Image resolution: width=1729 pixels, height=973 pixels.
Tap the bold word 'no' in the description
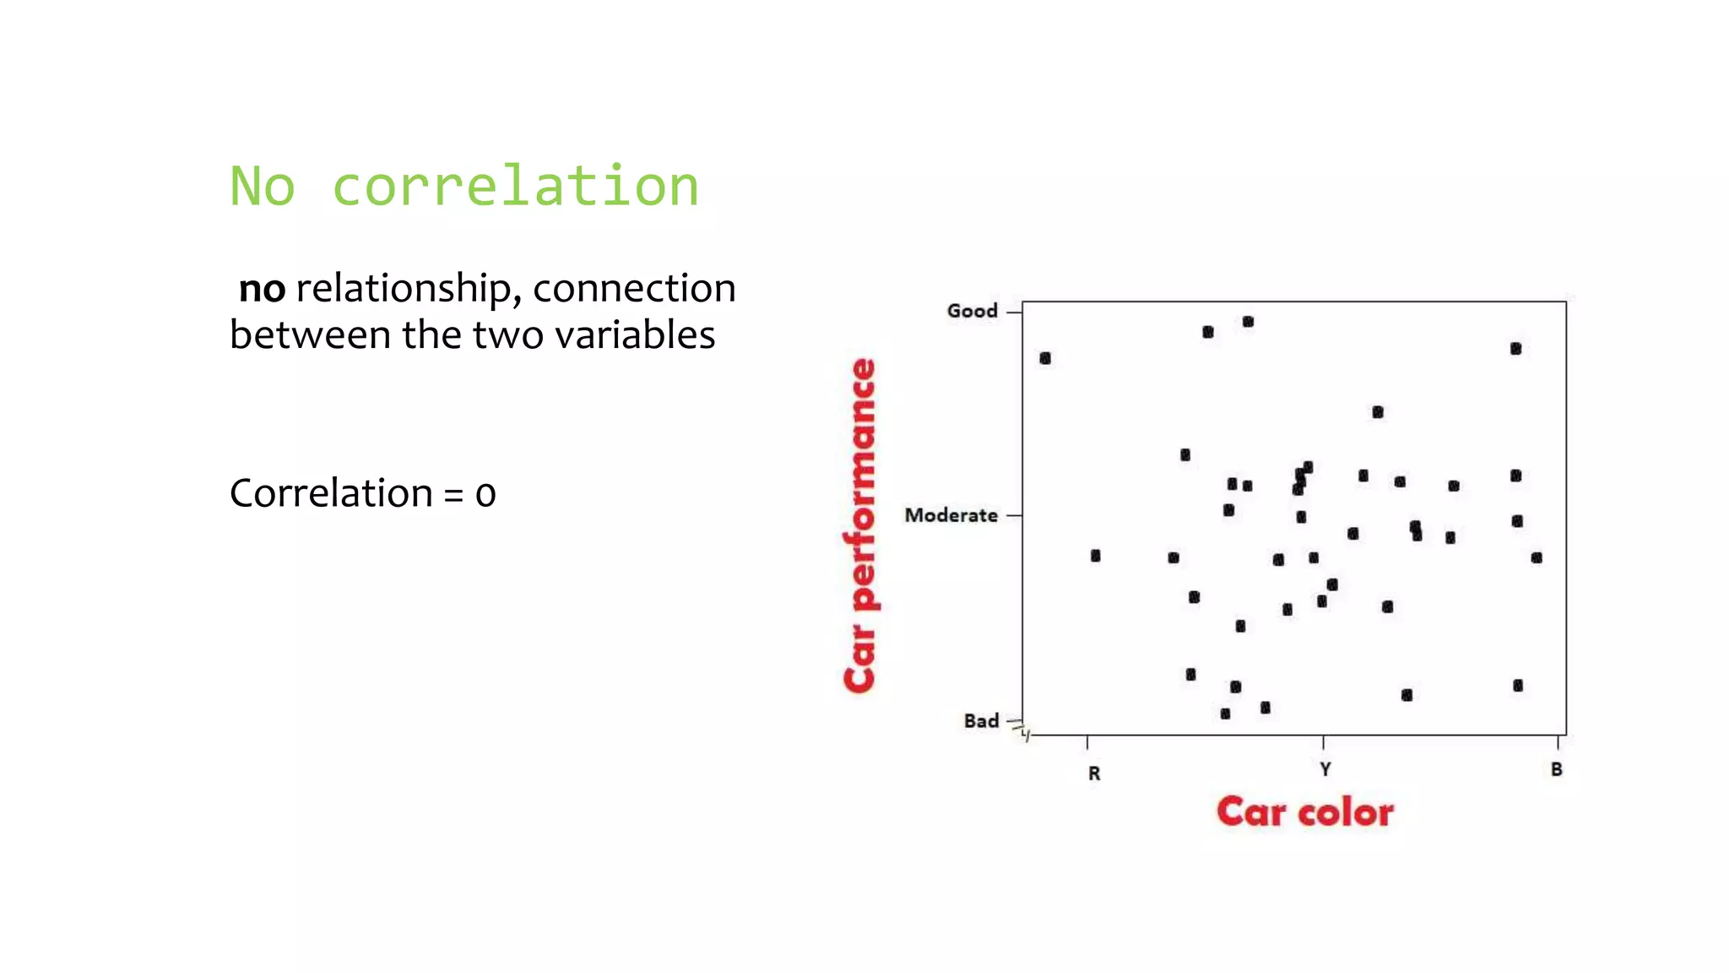(262, 289)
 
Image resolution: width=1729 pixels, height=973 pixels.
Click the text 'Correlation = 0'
(362, 493)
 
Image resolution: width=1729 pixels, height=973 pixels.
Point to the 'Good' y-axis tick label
(972, 311)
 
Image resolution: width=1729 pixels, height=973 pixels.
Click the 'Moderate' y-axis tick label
(951, 515)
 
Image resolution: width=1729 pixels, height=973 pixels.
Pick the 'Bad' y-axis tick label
(981, 720)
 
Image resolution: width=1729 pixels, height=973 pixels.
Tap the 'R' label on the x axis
(1094, 773)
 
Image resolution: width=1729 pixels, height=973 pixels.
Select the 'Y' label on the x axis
(1325, 769)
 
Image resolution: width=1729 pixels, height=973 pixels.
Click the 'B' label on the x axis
(1556, 769)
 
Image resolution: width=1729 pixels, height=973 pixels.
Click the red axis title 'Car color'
(1304, 812)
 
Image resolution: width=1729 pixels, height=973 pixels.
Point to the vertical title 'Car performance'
(860, 525)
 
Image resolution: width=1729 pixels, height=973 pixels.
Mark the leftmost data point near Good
(1045, 358)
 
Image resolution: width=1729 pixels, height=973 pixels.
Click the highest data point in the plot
(1248, 322)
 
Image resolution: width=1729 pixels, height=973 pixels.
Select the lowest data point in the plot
(1225, 714)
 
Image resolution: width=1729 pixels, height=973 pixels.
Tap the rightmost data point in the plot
(1537, 557)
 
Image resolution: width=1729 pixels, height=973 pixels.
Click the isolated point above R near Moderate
(1095, 556)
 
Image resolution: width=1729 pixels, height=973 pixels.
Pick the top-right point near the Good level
(1515, 349)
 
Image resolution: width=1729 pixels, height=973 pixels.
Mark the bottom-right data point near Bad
(1518, 685)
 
